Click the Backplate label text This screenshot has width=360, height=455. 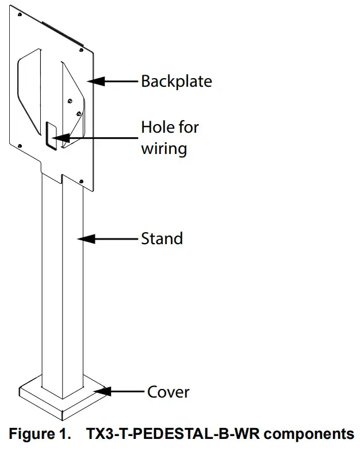177,81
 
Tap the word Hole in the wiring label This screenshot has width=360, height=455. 158,127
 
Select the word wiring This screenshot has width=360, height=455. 164,149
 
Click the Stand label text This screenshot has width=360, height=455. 162,238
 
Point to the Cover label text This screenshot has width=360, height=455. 168,392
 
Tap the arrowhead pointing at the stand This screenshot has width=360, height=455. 86,239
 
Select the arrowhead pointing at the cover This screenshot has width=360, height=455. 102,391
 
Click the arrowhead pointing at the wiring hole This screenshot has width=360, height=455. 61,138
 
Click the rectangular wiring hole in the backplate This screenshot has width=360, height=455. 51,136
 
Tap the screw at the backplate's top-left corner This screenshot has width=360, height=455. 20,14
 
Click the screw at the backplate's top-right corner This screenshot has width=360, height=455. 81,50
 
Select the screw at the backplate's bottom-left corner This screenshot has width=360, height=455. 20,146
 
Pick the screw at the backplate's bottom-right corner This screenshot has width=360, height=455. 81,182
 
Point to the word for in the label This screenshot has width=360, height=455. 189,127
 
